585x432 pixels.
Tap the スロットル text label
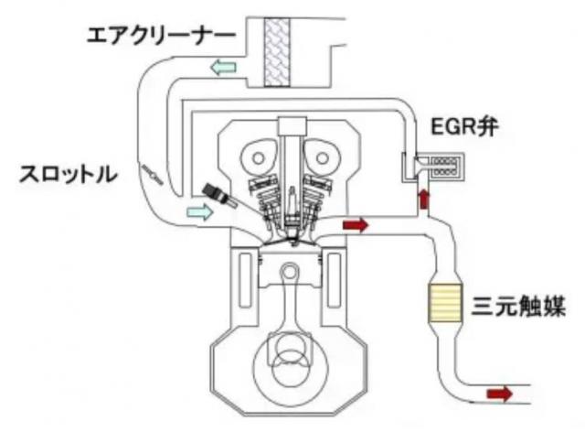pos(69,172)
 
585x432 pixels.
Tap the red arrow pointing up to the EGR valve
pos(423,199)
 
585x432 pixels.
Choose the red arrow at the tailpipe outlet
pos(498,394)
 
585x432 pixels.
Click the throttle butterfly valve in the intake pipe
pos(153,173)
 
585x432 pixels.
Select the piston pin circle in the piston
pos(289,274)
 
